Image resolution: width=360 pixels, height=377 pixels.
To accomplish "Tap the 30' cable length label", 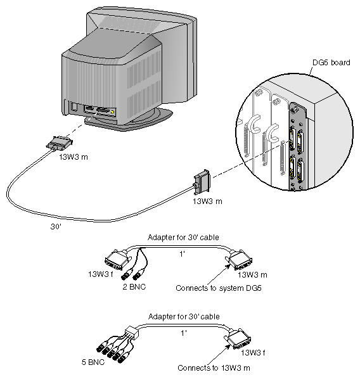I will click(x=56, y=224).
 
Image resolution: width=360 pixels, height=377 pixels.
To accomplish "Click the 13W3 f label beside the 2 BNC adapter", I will click(x=102, y=274).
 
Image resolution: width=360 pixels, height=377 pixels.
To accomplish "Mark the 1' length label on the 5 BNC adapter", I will click(x=183, y=331).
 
